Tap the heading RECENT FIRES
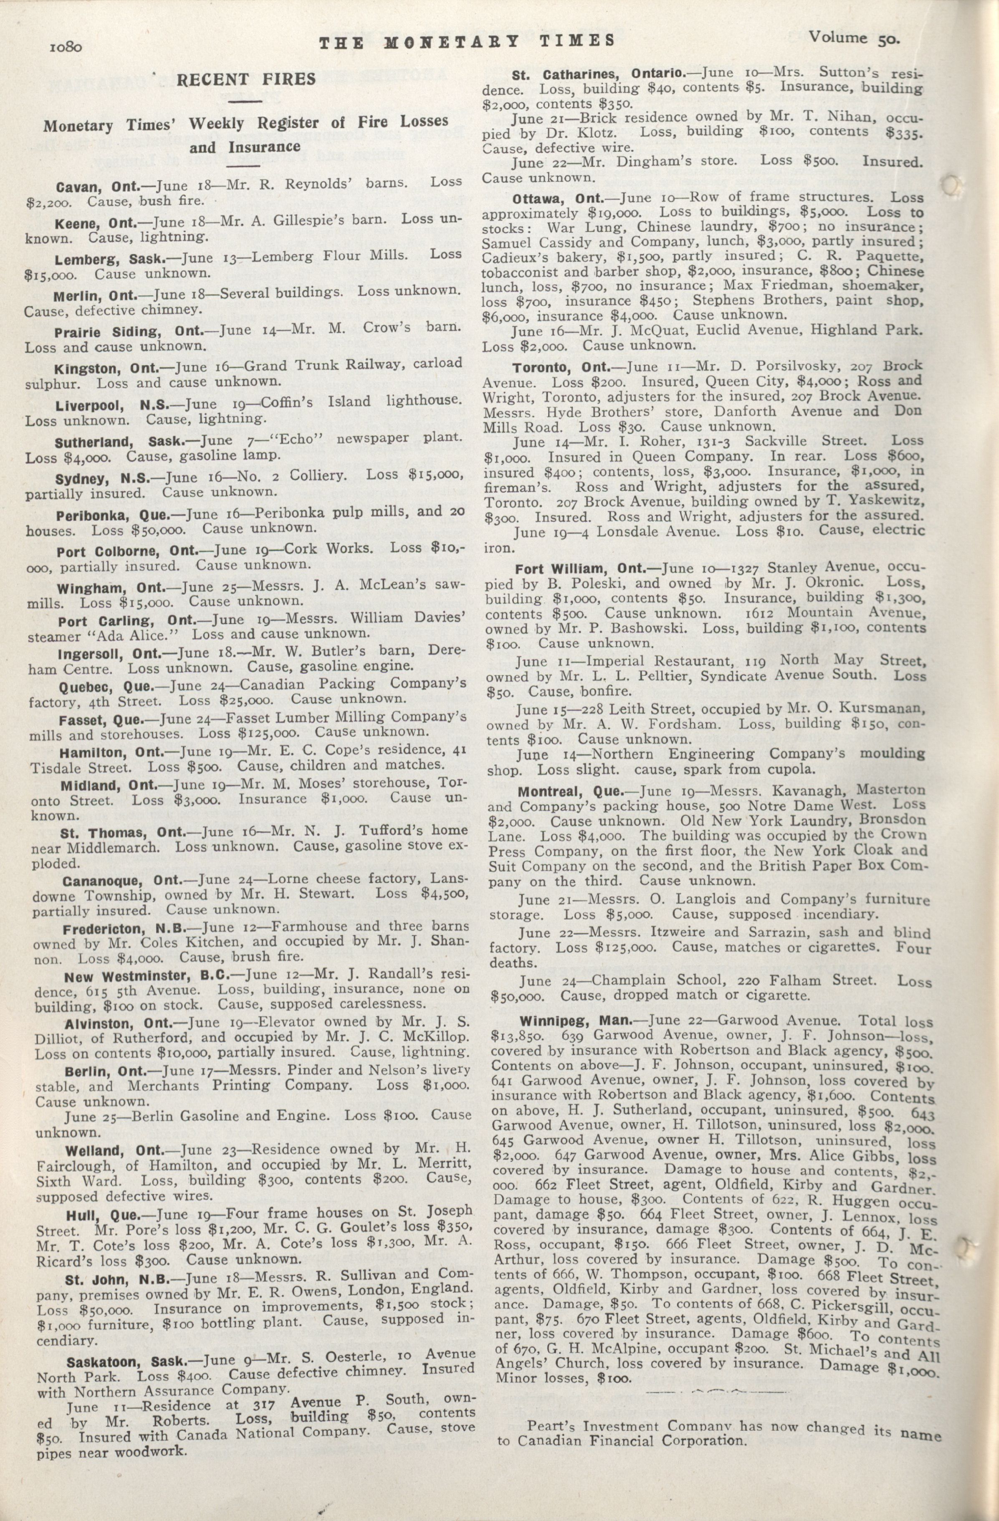click(246, 79)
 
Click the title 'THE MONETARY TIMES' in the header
click(466, 41)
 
